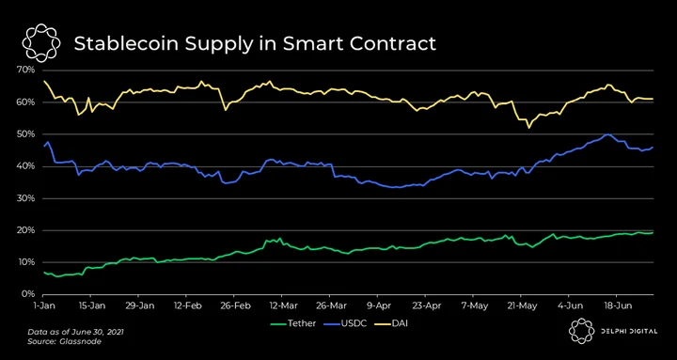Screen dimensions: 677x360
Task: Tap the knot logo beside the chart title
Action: (41, 43)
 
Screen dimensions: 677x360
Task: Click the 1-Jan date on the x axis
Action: (42, 306)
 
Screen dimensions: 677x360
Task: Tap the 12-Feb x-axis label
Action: (185, 306)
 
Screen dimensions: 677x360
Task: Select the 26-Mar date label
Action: (329, 306)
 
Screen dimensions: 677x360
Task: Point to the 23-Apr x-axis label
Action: (425, 306)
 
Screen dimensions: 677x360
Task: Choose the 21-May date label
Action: (521, 306)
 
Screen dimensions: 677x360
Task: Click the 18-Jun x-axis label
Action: (616, 306)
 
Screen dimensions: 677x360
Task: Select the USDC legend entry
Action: (346, 323)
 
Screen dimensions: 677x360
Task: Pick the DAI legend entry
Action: (392, 323)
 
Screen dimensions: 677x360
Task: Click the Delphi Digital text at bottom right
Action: (629, 331)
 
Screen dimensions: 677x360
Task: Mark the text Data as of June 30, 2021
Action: (76, 333)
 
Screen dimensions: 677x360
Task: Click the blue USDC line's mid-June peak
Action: (608, 134)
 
